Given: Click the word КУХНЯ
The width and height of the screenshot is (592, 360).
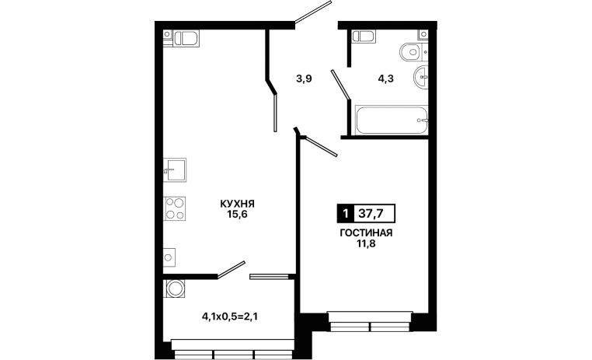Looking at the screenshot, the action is click(237, 204).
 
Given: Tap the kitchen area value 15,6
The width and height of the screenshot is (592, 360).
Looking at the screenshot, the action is click(237, 215).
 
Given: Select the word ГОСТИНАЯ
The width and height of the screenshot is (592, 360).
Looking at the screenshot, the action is click(366, 233).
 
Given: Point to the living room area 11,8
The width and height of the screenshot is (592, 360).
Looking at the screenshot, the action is click(366, 243).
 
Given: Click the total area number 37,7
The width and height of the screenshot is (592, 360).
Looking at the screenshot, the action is click(371, 214).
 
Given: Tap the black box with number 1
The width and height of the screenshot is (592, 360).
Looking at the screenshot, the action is click(345, 214).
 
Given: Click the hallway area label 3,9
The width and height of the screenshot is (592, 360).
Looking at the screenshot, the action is click(304, 79).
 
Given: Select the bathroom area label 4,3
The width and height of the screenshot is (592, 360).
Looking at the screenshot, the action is click(386, 79).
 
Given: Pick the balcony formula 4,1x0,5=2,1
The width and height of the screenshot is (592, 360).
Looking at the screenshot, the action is click(230, 316).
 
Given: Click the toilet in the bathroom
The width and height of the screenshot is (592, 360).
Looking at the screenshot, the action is click(412, 52).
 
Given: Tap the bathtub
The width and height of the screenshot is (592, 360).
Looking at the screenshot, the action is click(391, 120).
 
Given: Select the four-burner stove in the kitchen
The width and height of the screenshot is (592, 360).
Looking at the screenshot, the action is click(175, 208).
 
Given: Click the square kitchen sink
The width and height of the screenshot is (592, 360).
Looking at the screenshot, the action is click(175, 170).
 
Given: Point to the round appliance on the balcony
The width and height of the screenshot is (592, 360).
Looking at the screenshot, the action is click(175, 288).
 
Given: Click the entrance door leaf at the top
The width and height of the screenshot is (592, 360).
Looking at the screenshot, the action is click(313, 12).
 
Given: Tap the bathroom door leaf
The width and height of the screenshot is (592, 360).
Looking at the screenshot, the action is click(340, 85).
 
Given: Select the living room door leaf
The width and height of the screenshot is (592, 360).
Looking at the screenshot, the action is click(320, 146).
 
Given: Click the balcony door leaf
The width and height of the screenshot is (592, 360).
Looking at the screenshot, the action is click(231, 270).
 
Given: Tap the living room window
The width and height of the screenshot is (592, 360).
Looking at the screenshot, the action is click(370, 322).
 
